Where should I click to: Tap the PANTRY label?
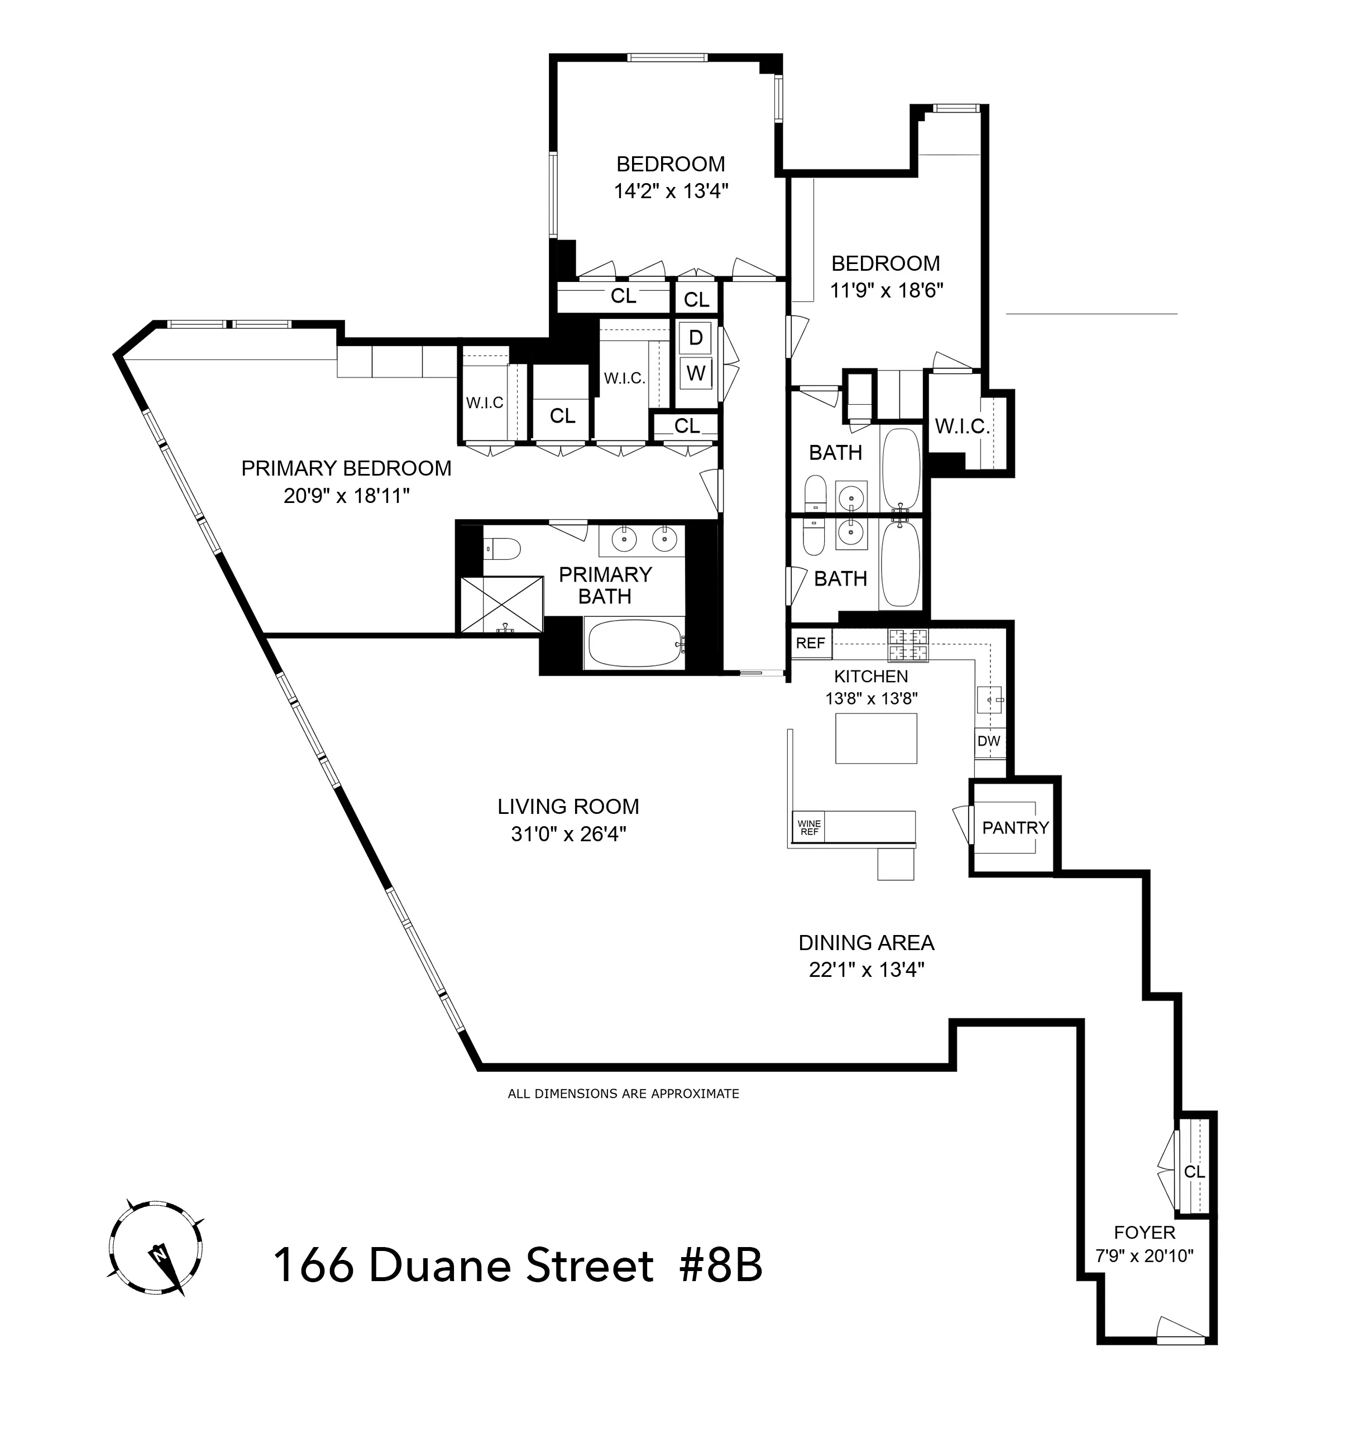point(1015,827)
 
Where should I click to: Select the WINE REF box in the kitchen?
point(808,827)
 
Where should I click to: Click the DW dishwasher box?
point(988,741)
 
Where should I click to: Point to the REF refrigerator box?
point(810,643)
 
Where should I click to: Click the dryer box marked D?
point(696,338)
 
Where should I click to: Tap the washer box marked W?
point(696,373)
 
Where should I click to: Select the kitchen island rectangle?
point(875,738)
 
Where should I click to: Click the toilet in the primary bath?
point(501,548)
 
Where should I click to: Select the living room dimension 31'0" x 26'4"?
point(568,835)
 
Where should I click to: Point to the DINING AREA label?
point(866,943)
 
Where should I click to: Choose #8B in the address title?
point(720,1267)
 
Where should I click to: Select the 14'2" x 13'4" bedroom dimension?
point(671,191)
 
